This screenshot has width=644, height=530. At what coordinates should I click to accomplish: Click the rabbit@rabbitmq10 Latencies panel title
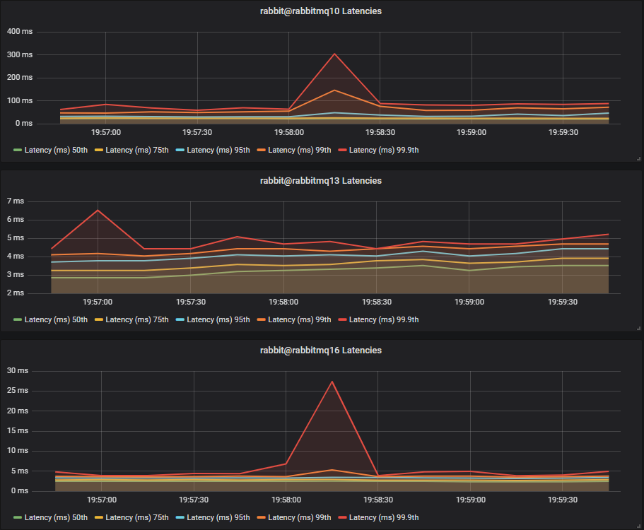click(x=321, y=11)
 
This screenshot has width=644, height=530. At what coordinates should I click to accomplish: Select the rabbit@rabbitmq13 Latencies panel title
click(x=321, y=181)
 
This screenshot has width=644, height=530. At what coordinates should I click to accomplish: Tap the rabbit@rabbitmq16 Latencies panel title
click(x=321, y=351)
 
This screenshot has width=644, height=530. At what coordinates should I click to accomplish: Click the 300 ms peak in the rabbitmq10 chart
click(x=334, y=54)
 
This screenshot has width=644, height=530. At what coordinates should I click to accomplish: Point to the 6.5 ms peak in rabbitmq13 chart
click(x=98, y=210)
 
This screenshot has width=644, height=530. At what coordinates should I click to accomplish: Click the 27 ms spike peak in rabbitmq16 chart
click(x=332, y=382)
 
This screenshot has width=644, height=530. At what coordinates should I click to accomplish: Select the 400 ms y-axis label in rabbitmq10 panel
click(x=19, y=32)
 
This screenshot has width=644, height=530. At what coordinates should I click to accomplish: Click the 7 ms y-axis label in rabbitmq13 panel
click(x=15, y=201)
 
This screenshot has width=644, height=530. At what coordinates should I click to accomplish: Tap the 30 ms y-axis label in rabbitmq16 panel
click(x=17, y=371)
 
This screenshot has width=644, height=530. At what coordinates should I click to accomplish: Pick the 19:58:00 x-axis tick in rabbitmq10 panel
click(x=288, y=132)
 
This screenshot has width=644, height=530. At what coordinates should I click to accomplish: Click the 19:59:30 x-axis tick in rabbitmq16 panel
click(x=563, y=500)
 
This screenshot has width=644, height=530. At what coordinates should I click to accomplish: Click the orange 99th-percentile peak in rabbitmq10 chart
click(x=334, y=90)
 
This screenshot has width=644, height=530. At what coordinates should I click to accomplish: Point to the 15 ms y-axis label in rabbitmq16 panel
click(x=17, y=430)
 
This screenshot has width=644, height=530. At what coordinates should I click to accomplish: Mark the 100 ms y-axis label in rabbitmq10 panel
click(x=19, y=100)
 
